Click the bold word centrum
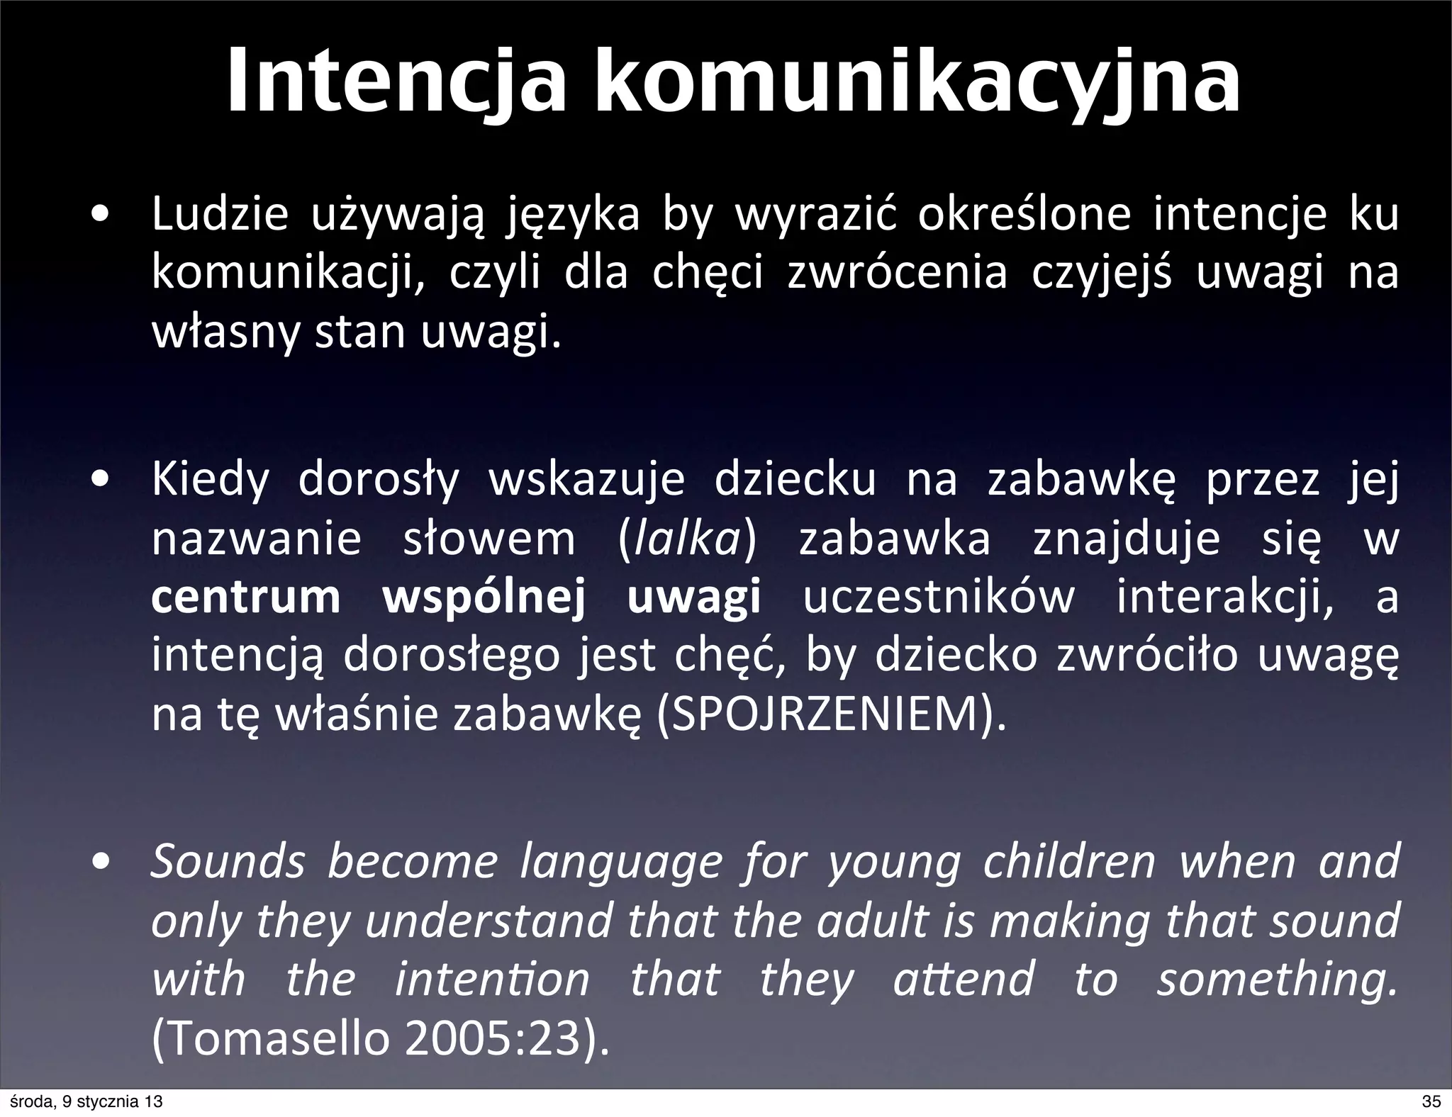coord(246,597)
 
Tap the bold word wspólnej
coord(484,597)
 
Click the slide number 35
coord(1431,1101)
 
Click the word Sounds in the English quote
coord(228,861)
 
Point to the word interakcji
coord(1223,597)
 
